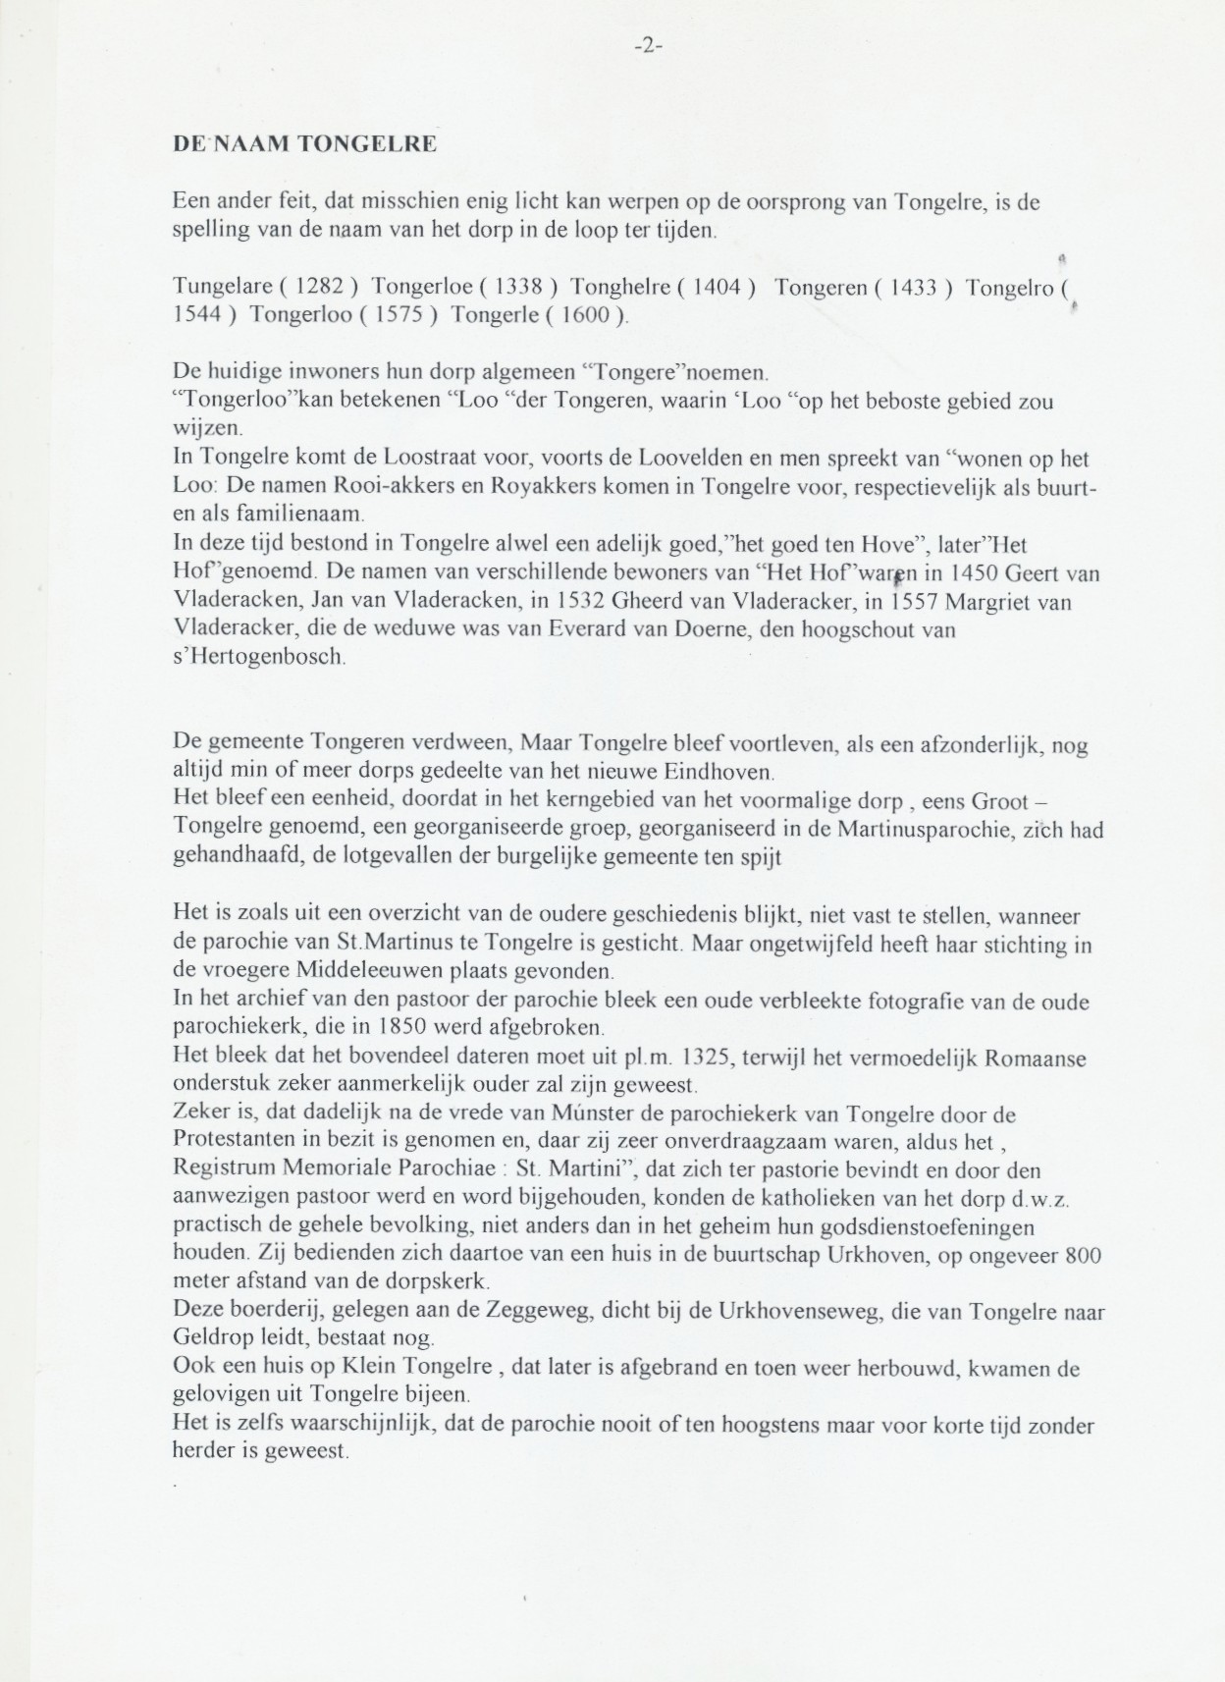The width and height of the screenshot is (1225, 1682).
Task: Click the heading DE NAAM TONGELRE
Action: [304, 143]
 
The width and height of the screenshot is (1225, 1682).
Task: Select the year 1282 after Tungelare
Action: [319, 288]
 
